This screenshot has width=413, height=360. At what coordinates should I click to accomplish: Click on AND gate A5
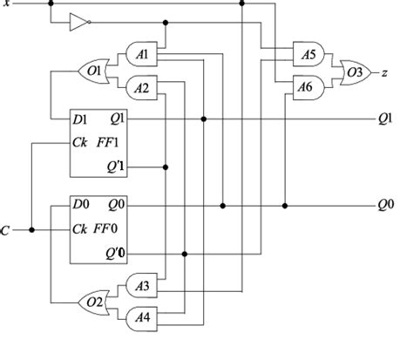click(307, 53)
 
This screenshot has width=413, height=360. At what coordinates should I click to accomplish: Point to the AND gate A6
click(307, 85)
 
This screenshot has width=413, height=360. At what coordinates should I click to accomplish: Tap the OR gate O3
click(355, 70)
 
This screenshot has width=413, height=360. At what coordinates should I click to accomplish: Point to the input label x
click(7, 5)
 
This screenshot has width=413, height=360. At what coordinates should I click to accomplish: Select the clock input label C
click(6, 231)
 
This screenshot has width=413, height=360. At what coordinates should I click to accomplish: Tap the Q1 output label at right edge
click(384, 119)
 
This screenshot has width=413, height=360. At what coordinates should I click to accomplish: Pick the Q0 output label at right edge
click(384, 206)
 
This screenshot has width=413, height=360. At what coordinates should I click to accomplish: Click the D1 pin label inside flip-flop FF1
click(82, 119)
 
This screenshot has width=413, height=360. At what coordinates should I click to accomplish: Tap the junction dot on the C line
click(31, 230)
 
